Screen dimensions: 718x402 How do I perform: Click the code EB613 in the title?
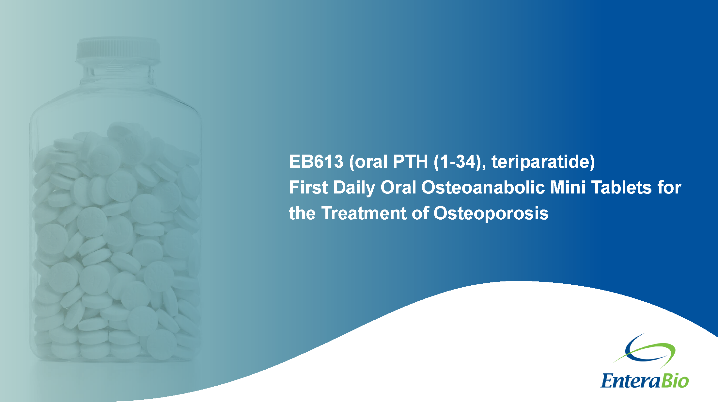[316, 161]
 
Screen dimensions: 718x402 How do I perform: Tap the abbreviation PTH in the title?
[410, 161]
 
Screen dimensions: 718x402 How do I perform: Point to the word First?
[308, 187]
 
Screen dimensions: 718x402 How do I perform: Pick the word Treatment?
[364, 213]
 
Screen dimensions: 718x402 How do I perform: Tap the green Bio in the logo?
[675, 380]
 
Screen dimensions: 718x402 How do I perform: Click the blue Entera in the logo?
[631, 380]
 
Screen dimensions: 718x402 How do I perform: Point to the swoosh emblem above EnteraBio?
[645, 350]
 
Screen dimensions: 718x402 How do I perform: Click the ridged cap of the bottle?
[118, 50]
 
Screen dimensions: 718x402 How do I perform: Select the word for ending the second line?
[669, 187]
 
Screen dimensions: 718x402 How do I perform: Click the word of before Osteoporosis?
[420, 213]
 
